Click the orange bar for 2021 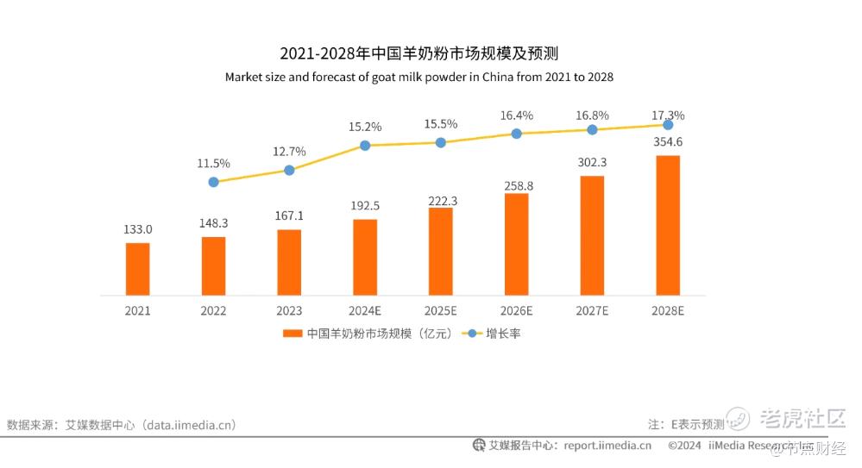[x=137, y=269]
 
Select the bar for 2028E [x=667, y=226]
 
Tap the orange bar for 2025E [x=440, y=252]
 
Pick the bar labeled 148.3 [x=213, y=265]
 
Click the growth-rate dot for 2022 [x=213, y=182]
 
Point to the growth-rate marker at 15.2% [x=365, y=146]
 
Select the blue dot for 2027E [x=592, y=129]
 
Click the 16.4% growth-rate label [x=516, y=115]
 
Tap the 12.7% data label [x=289, y=152]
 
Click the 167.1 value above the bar [x=289, y=215]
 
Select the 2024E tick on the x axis [x=365, y=310]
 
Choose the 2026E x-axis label [x=516, y=310]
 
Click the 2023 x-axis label [x=289, y=310]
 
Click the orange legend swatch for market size [x=293, y=333]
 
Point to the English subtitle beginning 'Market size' [x=419, y=77]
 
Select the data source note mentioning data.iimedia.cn [x=122, y=425]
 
